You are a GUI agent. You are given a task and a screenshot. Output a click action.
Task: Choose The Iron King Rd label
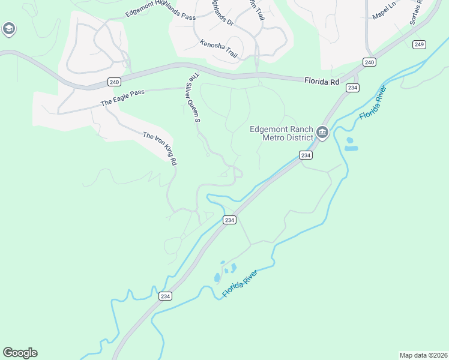pos(160,148)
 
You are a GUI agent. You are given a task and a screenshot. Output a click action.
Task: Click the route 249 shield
pos(419,44)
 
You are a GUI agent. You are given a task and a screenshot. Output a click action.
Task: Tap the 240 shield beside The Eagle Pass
pos(114,82)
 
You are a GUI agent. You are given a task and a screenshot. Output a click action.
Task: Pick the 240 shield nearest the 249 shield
pos(369,62)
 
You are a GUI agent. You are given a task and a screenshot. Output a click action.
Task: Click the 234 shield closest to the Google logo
pos(166,296)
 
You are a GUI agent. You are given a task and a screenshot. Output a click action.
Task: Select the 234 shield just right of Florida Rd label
pos(352,88)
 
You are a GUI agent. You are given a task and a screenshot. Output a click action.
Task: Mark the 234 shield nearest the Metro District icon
pos(306,155)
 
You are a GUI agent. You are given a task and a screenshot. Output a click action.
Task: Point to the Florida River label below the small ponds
pos(240,283)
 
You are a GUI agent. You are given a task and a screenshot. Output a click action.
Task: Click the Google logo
pos(20,353)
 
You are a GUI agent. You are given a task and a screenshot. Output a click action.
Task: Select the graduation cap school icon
pos(8,28)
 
